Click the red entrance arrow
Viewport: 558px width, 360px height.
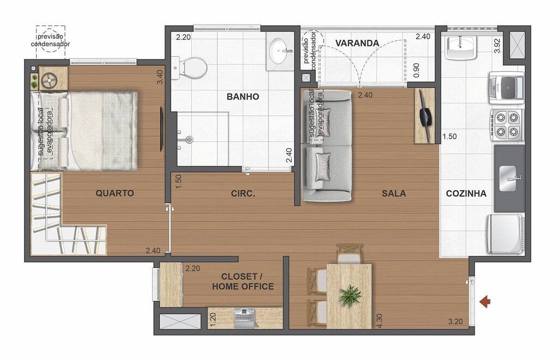[484, 302]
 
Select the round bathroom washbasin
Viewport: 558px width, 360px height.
[280, 50]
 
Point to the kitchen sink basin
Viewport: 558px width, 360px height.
[508, 178]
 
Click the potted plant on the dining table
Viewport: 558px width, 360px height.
[350, 296]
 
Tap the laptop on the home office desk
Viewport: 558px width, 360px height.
[245, 318]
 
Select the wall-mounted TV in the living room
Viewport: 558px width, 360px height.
[424, 115]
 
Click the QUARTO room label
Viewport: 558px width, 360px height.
[114, 193]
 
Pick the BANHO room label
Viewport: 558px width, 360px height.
[242, 97]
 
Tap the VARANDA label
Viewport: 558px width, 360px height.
[357, 44]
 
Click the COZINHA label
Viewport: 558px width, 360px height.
[466, 193]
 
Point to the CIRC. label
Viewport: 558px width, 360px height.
[243, 194]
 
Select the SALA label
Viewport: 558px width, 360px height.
[393, 193]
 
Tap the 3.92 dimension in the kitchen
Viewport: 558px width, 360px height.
[498, 46]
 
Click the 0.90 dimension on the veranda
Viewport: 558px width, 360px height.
[416, 70]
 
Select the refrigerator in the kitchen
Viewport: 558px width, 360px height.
[506, 235]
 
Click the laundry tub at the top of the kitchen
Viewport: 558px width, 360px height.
[460, 47]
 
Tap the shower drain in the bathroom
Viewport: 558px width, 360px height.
[189, 139]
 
